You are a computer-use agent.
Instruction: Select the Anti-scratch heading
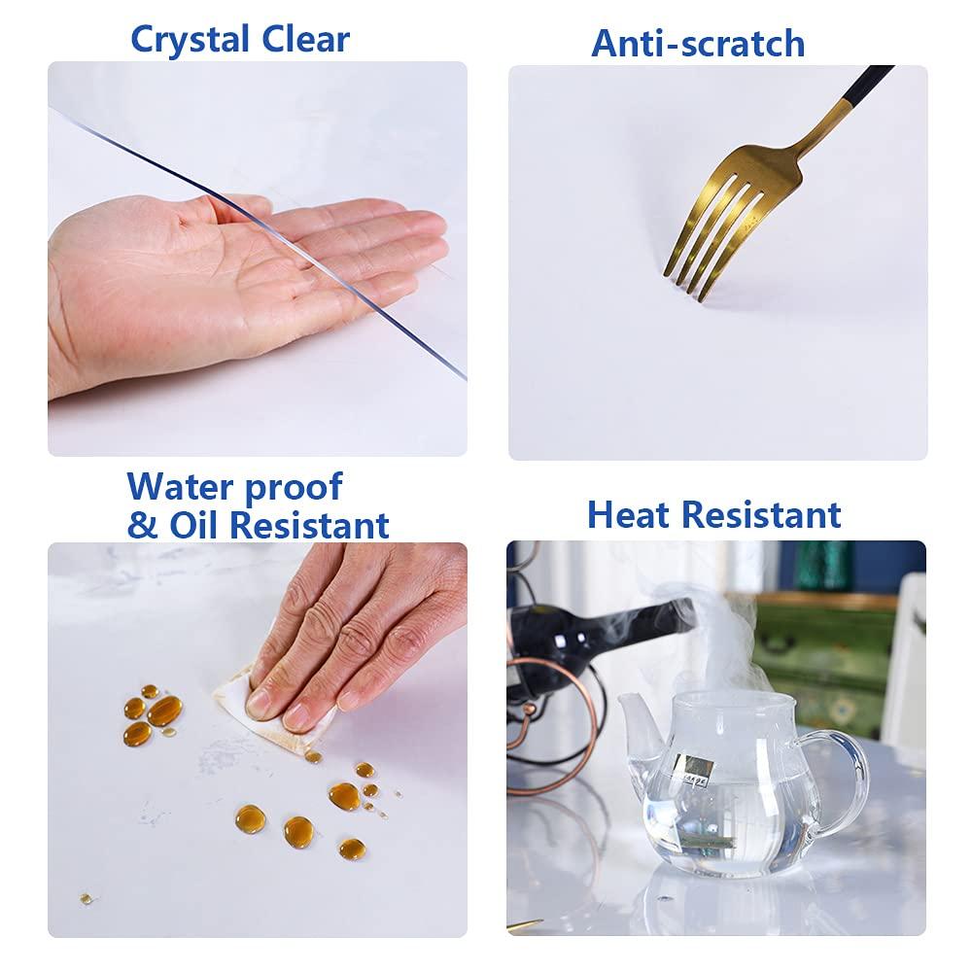698,43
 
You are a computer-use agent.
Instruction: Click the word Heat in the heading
629,514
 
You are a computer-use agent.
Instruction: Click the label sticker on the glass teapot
697,768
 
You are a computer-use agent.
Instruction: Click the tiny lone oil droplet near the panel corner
86,898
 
